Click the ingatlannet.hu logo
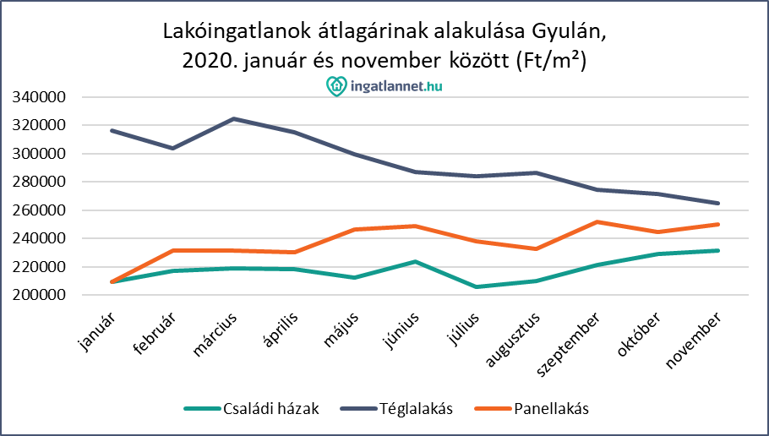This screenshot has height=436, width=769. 384,85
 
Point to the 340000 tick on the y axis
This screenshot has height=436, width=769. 41,97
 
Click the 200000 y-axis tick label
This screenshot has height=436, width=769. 41,295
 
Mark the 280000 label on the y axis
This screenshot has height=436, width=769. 41,182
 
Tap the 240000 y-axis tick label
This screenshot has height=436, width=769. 41,238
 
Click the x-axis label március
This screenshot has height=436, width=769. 218,334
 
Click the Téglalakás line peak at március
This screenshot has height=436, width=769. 232,119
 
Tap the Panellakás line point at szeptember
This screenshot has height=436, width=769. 597,222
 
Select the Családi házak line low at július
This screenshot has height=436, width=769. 476,287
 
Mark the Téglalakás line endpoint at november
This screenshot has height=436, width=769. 718,203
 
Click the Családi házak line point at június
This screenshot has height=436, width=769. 415,262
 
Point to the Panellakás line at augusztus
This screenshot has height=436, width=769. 537,248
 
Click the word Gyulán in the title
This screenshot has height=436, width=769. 570,34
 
